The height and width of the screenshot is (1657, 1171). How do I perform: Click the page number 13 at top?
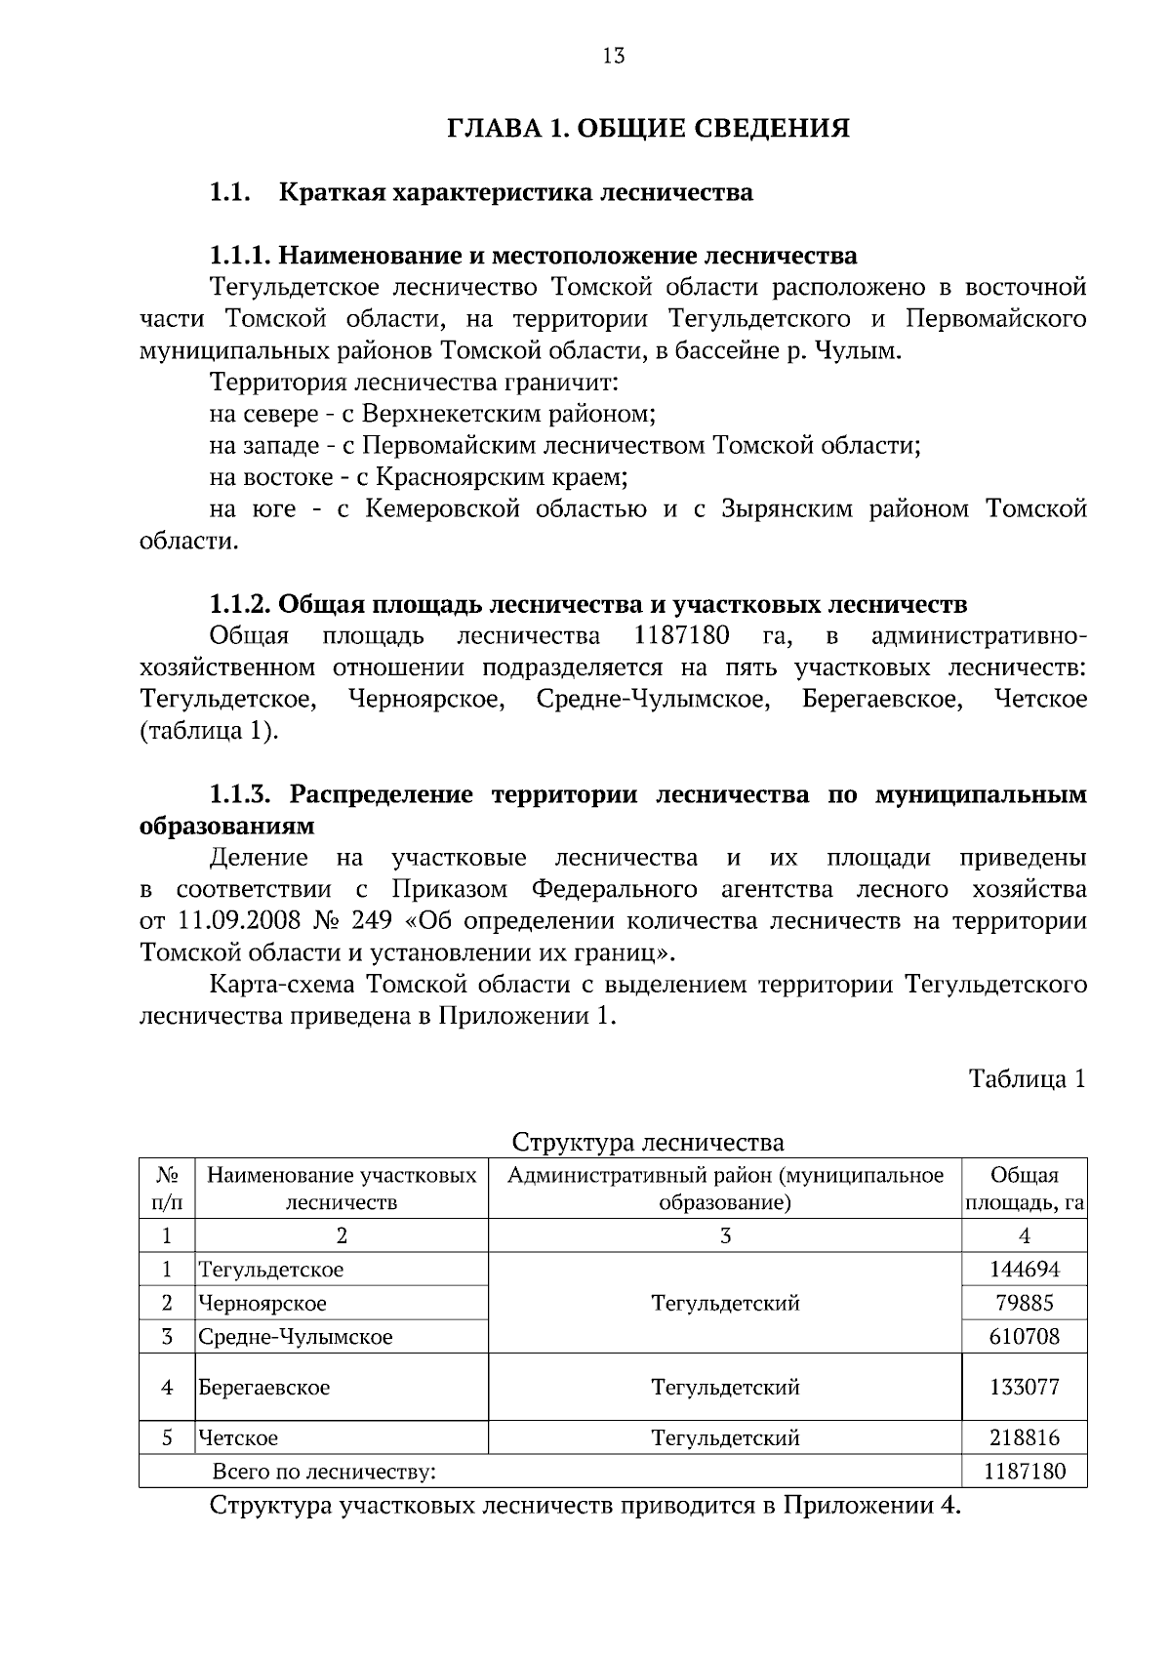(614, 56)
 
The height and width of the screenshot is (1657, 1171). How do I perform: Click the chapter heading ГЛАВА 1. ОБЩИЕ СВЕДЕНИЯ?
(649, 129)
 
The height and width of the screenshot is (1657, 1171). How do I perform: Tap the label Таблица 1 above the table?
(1027, 1078)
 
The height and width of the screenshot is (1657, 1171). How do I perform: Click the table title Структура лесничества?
(648, 1142)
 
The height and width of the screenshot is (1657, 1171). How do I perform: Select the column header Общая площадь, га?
(1024, 1189)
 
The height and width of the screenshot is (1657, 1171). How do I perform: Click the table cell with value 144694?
(1024, 1270)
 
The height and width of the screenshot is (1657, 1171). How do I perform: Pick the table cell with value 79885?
(1024, 1303)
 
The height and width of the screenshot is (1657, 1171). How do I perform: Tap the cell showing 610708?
(1024, 1336)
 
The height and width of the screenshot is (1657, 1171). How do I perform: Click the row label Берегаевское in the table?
(264, 1387)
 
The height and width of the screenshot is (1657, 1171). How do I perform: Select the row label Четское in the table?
(239, 1437)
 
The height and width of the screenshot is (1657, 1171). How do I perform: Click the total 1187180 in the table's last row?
(1024, 1471)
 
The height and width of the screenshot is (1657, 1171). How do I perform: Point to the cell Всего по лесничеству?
(324, 1471)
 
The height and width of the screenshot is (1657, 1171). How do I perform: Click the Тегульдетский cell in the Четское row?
(725, 1437)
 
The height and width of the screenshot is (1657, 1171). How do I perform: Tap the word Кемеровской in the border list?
(442, 509)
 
